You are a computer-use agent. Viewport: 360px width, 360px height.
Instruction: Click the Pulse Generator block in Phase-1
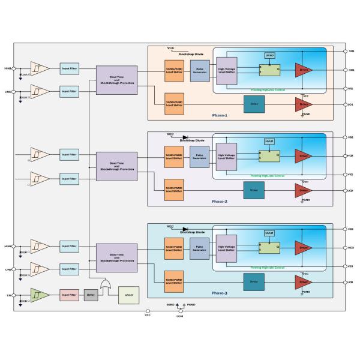(x=199, y=71)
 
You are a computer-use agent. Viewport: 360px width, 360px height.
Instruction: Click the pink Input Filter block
(x=70, y=295)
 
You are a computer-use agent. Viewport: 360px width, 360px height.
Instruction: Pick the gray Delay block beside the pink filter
(x=91, y=295)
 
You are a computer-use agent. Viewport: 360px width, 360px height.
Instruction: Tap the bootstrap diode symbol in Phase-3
(x=185, y=229)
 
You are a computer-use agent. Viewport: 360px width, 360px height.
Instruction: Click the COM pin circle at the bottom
(x=180, y=311)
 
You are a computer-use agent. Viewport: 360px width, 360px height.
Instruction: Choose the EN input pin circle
(x=14, y=295)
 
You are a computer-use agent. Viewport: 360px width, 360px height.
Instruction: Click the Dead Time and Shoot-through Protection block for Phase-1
(x=116, y=80)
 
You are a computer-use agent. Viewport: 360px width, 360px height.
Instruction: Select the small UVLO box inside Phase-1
(x=270, y=56)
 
